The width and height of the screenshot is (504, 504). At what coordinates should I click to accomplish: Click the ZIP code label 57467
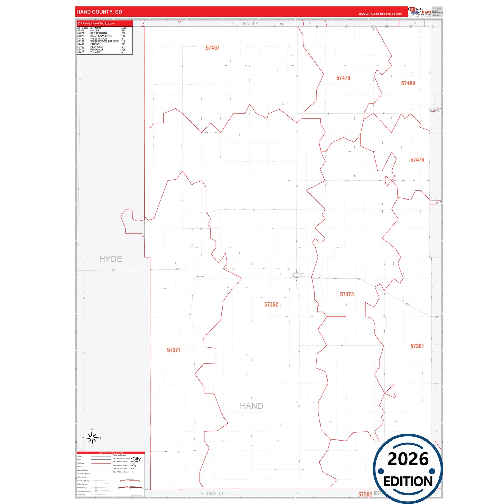pyautogui.click(x=212, y=48)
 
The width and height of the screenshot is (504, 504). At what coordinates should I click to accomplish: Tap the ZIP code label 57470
pyautogui.click(x=343, y=78)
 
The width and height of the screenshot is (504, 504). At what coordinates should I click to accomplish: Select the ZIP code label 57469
pyautogui.click(x=408, y=83)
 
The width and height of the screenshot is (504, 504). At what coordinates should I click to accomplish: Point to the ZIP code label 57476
pyautogui.click(x=417, y=160)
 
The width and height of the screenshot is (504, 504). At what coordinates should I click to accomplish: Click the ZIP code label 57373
pyautogui.click(x=347, y=294)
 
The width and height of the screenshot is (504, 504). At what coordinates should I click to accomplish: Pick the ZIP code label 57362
pyautogui.click(x=271, y=305)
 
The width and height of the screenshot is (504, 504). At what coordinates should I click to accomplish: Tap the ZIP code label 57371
pyautogui.click(x=174, y=350)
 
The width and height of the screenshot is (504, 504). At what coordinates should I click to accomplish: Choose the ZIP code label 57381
pyautogui.click(x=417, y=346)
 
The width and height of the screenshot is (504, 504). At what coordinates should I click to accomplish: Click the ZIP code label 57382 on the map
pyautogui.click(x=365, y=495)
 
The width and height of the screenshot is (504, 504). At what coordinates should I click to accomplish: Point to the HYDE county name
pyautogui.click(x=111, y=259)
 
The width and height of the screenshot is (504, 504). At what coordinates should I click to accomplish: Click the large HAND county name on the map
pyautogui.click(x=251, y=406)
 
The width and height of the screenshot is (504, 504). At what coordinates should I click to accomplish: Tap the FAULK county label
pyautogui.click(x=251, y=24)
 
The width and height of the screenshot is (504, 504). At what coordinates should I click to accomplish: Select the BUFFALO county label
pyautogui.click(x=211, y=494)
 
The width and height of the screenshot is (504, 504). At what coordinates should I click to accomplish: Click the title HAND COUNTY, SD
pyautogui.click(x=99, y=12)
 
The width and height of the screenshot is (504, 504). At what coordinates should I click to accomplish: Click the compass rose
pyautogui.click(x=92, y=438)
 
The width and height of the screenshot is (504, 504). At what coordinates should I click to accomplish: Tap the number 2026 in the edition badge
pyautogui.click(x=408, y=459)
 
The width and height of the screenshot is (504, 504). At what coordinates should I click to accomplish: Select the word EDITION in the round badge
pyautogui.click(x=408, y=482)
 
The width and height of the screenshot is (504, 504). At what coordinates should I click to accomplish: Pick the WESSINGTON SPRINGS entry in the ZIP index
pyautogui.click(x=104, y=42)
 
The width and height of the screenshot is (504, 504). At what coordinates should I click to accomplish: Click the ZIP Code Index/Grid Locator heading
pyautogui.click(x=96, y=23)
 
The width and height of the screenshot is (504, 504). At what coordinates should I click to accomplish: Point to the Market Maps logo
pyautogui.click(x=420, y=12)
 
